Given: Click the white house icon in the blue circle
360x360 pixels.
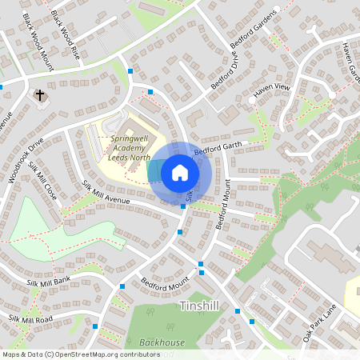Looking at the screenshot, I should tap(180, 172).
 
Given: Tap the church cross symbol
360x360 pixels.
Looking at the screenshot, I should tap(40, 96).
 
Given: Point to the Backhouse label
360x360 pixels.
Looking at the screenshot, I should tap(162, 342).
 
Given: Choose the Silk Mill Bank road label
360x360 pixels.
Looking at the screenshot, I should tap(48, 280).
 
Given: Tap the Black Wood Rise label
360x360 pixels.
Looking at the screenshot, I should tap(66, 24).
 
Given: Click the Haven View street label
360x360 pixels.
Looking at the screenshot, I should tap(270, 91).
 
